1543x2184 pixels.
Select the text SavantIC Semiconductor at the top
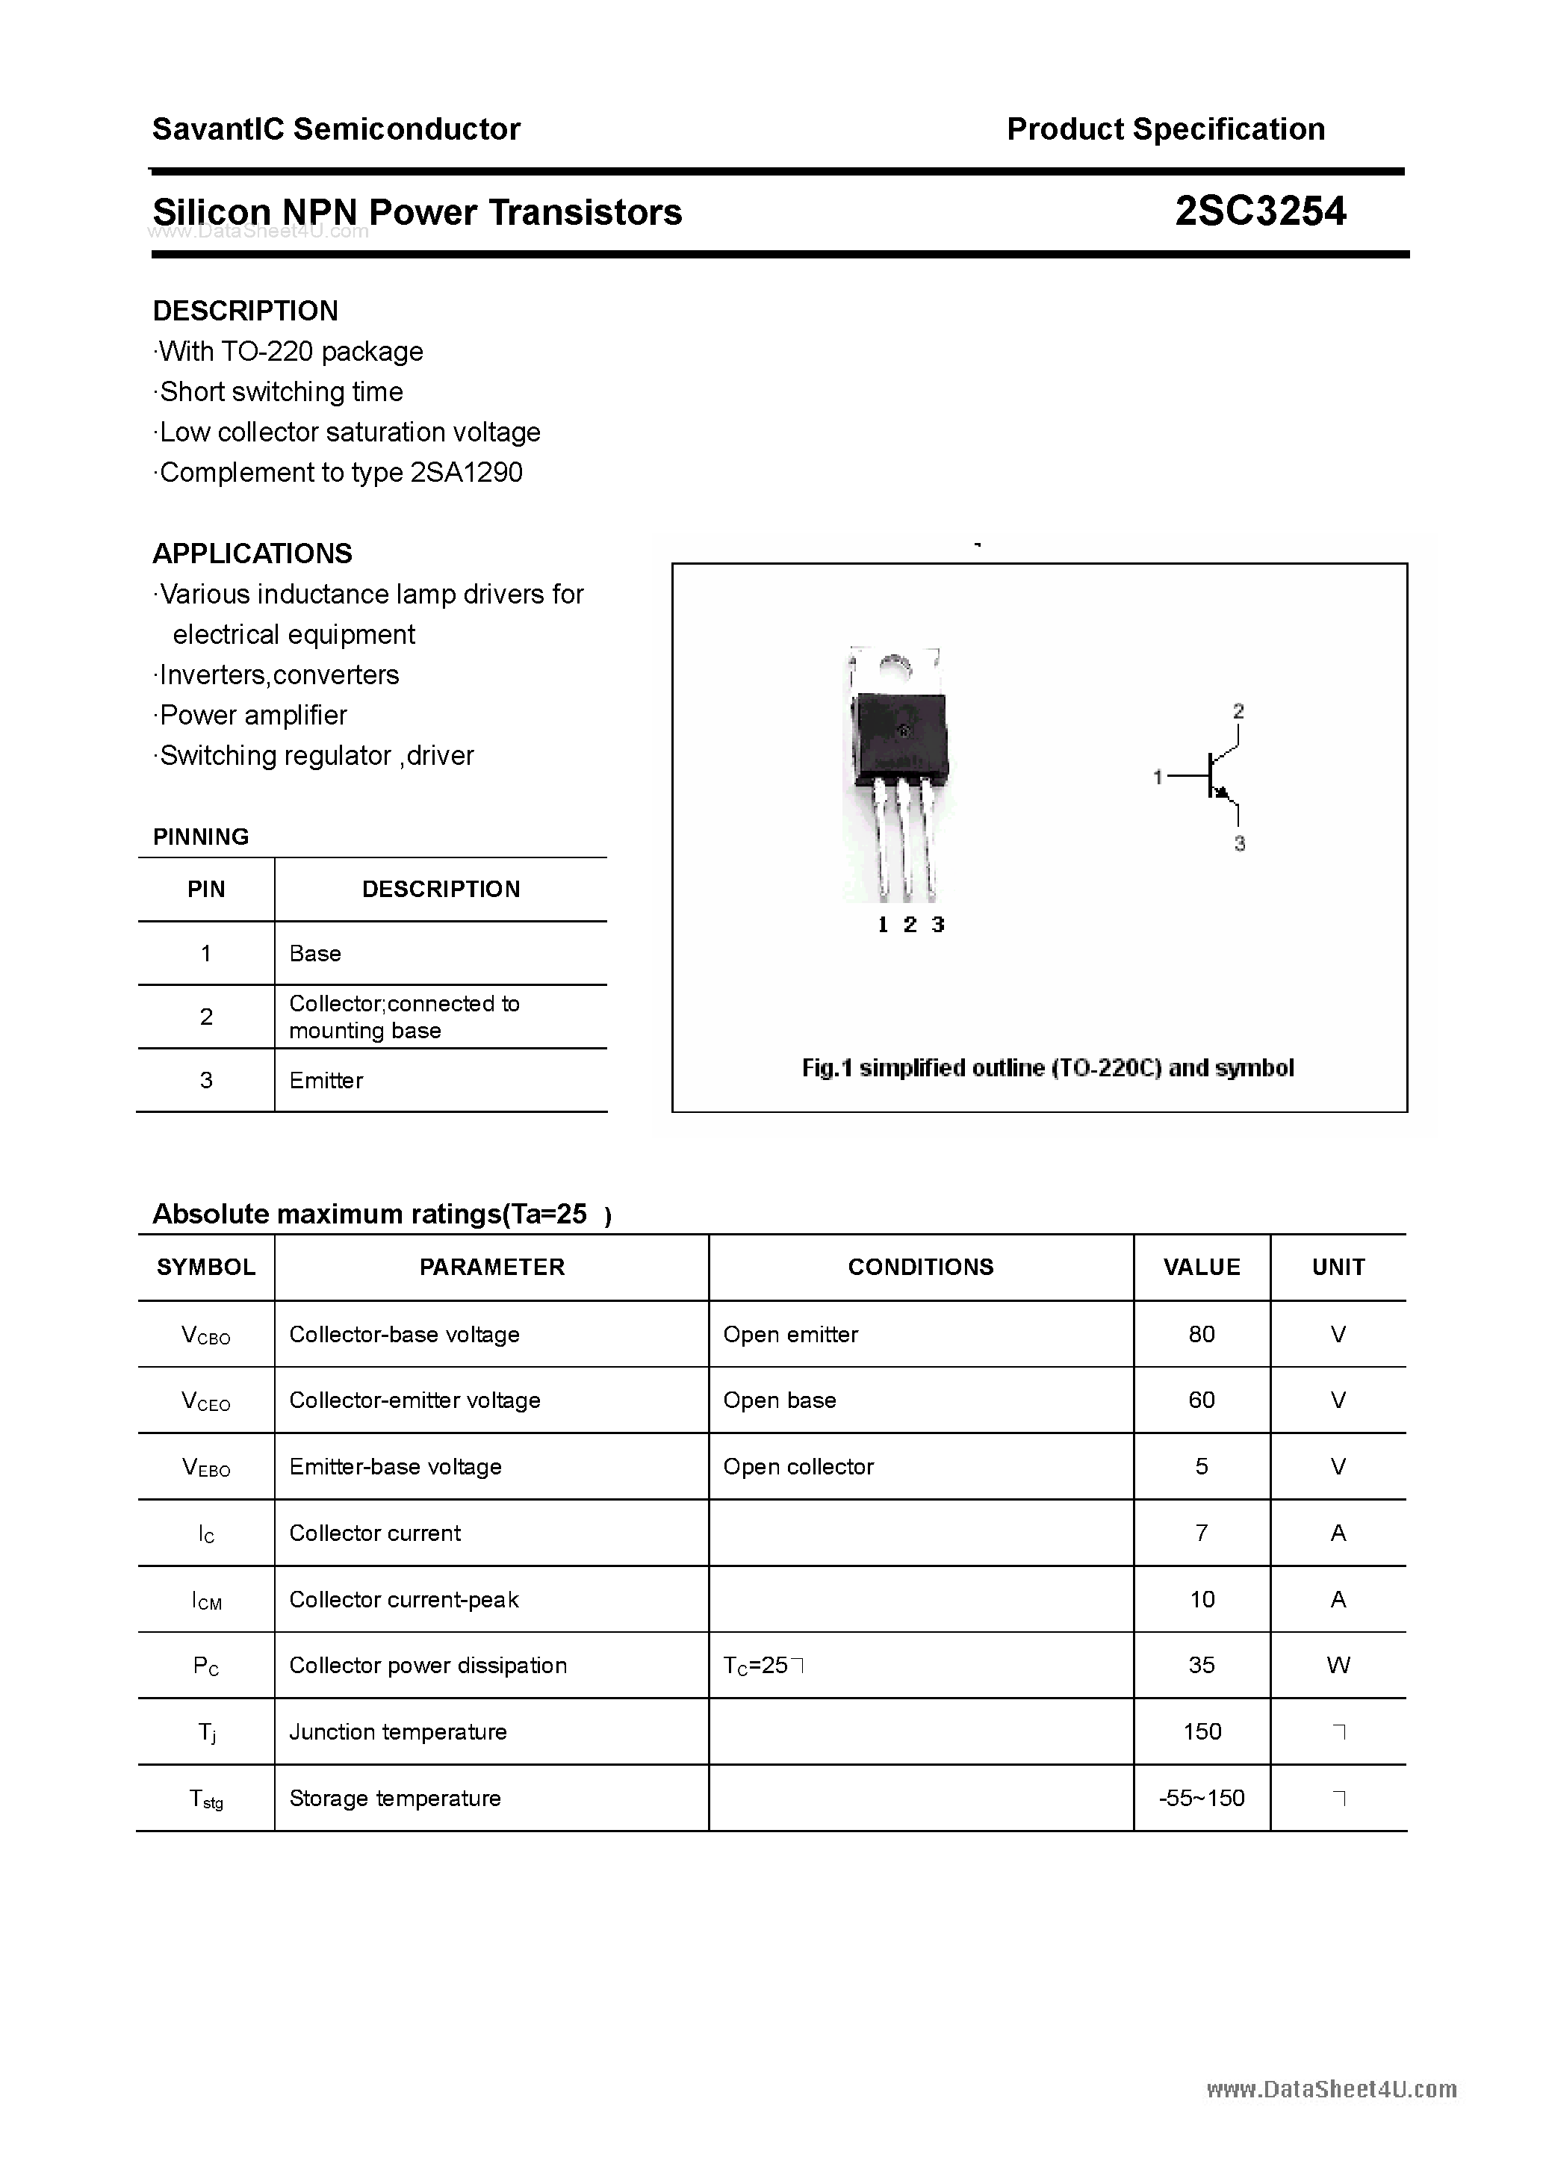pyautogui.click(x=336, y=129)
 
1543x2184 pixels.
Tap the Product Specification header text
pyautogui.click(x=1165, y=129)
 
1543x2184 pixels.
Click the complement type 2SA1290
pyautogui.click(x=466, y=473)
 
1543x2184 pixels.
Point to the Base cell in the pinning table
pyautogui.click(x=315, y=953)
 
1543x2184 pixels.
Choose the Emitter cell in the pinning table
pyautogui.click(x=326, y=1081)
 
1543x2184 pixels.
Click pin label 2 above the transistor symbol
pyautogui.click(x=1238, y=710)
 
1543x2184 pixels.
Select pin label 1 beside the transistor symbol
pyautogui.click(x=1158, y=777)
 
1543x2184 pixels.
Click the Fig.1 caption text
pyautogui.click(x=1047, y=1068)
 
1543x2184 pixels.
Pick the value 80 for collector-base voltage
pyautogui.click(x=1202, y=1335)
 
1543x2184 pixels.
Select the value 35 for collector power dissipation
pyautogui.click(x=1202, y=1666)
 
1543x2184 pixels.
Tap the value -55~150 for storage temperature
pyautogui.click(x=1202, y=1798)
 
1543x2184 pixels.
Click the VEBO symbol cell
pyautogui.click(x=206, y=1468)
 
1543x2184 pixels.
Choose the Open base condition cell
pyautogui.click(x=779, y=1400)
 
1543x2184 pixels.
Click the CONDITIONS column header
pyautogui.click(x=920, y=1267)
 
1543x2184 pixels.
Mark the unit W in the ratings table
pyautogui.click(x=1338, y=1666)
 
